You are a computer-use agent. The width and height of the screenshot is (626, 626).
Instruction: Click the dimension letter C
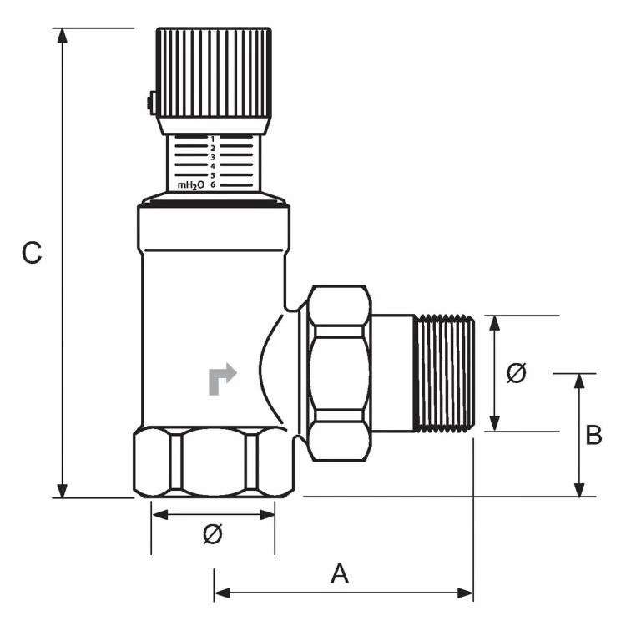click(32, 252)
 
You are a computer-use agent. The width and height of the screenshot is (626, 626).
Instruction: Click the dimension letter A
click(340, 573)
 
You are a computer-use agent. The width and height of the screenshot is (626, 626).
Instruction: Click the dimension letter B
click(593, 435)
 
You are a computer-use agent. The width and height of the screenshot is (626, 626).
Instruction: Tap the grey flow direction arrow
click(222, 379)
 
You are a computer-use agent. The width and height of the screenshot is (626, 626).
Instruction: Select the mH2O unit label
click(191, 185)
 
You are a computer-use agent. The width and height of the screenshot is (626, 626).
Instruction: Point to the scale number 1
click(213, 139)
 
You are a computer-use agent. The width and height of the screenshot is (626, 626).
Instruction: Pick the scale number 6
click(213, 184)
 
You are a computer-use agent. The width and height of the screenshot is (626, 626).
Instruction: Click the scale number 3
click(213, 157)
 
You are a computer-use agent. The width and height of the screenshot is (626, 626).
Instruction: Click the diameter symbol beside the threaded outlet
click(516, 373)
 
